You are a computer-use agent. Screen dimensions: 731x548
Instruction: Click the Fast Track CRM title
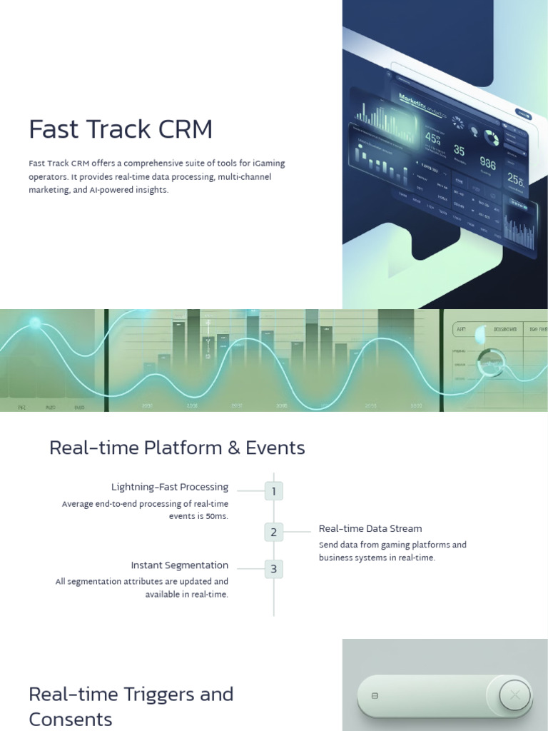click(121, 129)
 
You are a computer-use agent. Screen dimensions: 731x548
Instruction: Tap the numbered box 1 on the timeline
click(274, 491)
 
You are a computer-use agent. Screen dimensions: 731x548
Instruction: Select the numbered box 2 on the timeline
click(274, 532)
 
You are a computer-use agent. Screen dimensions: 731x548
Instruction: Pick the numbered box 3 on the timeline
click(274, 569)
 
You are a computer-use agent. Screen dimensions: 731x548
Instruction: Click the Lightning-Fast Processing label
click(170, 487)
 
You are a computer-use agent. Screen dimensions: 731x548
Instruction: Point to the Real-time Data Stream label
click(370, 528)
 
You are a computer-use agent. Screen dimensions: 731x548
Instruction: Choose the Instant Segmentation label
click(179, 565)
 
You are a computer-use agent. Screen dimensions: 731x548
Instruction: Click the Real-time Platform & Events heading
click(177, 448)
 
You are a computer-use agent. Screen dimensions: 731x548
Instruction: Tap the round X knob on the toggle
click(514, 695)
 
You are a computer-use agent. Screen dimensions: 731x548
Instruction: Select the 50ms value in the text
click(215, 516)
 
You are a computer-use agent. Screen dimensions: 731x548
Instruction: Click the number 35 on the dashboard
click(459, 151)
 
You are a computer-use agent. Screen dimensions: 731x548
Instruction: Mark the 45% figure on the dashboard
click(433, 138)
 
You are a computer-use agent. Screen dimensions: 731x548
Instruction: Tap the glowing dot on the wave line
click(35, 323)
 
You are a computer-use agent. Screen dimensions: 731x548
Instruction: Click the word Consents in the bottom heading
click(71, 719)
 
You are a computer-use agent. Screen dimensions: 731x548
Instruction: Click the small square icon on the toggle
click(375, 695)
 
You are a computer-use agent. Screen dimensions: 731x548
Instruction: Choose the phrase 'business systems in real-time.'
click(376, 558)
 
